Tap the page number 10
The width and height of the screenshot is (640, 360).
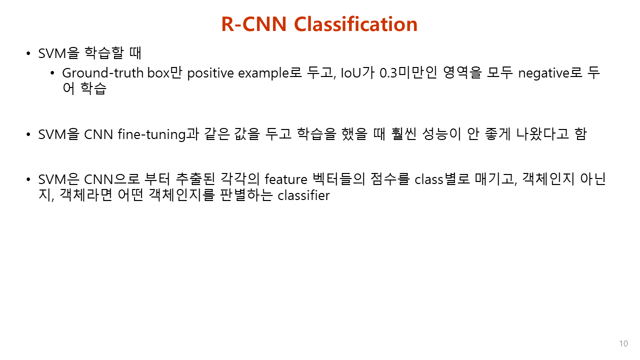[623, 344]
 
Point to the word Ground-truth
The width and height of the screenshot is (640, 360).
[103, 73]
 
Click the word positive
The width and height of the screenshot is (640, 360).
[210, 73]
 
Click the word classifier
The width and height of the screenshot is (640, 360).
[304, 195]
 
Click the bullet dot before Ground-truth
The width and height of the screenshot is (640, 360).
[52, 73]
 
